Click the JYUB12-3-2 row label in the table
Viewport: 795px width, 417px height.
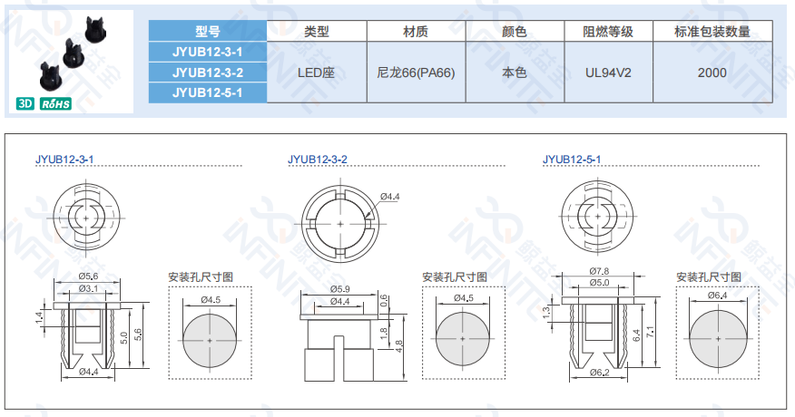(207, 73)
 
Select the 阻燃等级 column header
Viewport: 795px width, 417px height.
(608, 32)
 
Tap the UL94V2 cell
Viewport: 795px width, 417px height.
(608, 73)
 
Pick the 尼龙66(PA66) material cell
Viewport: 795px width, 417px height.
(416, 73)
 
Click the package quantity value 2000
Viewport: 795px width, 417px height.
(712, 73)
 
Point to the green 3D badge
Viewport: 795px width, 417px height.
(25, 103)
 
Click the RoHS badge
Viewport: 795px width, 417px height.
(55, 103)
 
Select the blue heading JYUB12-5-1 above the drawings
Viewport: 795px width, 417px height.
(572, 160)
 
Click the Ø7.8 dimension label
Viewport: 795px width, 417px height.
(599, 271)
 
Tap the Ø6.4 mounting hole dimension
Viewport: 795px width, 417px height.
(717, 295)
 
